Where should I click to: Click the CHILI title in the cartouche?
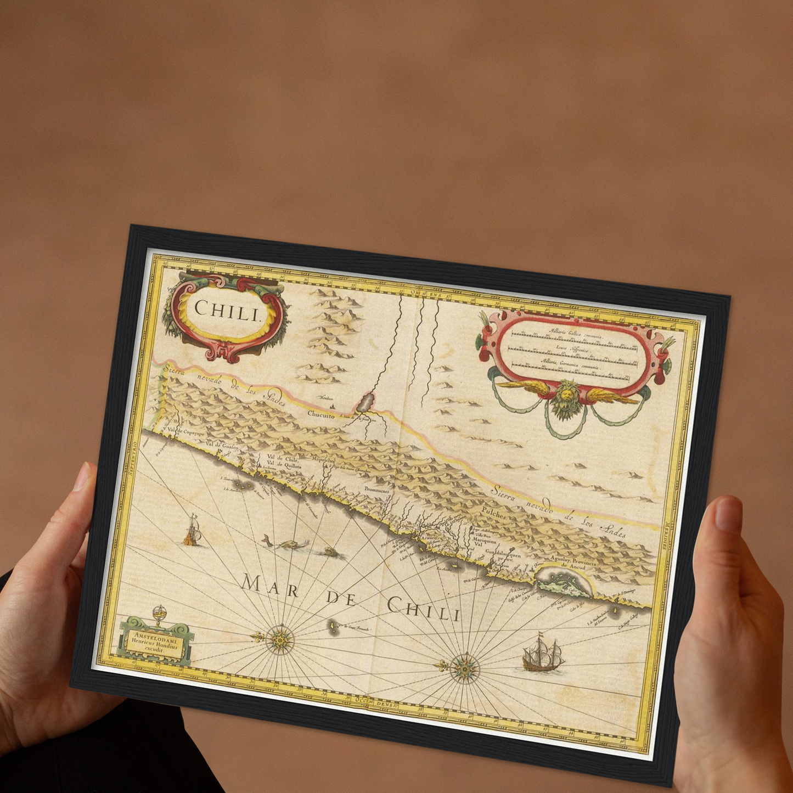click(227, 311)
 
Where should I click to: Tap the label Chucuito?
click(321, 415)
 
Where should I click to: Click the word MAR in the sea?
click(271, 587)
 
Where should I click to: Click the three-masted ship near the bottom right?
click(543, 655)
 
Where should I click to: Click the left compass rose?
click(280, 639)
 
